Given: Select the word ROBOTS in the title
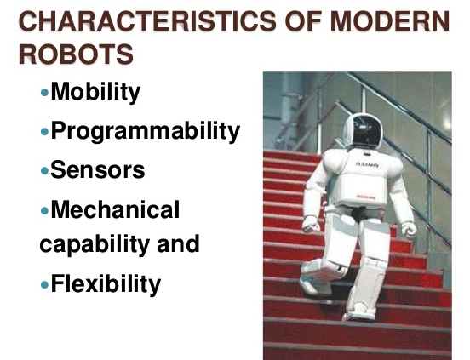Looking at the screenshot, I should tap(76, 54).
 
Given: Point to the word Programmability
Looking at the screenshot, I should tap(145, 131).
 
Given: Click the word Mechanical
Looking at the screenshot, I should tap(115, 209).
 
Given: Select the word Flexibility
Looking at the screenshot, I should tap(106, 283).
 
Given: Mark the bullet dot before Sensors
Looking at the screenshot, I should tap(45, 170).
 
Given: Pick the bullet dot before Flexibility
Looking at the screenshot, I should tap(45, 284).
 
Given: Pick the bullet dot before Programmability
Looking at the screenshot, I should tap(45, 132).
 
